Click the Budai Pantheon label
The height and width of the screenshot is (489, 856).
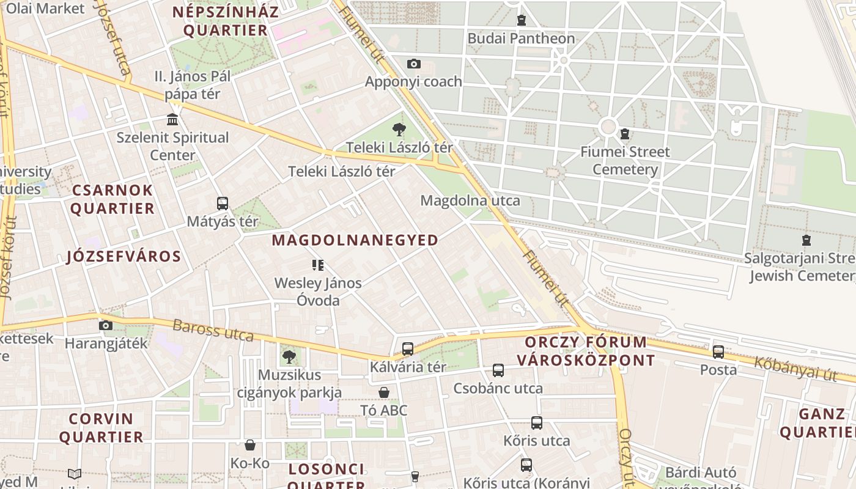521,39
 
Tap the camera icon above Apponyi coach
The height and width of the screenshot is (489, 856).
414,64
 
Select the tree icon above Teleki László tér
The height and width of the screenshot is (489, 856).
399,130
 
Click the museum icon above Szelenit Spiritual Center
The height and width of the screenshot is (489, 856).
172,119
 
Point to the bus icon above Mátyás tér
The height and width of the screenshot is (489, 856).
223,204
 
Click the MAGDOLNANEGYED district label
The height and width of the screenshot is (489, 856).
355,240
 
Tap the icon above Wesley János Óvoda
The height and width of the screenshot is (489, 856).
317,265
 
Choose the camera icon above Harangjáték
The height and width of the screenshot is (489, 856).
106,325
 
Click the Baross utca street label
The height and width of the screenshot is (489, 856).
213,330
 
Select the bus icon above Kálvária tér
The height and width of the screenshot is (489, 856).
408,349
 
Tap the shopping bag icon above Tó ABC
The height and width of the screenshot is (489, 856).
384,392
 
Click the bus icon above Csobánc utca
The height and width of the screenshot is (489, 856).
498,370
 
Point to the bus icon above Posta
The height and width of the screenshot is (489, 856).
718,352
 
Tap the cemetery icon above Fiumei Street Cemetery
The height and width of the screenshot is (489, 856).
625,133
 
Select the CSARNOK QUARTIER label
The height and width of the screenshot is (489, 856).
113,199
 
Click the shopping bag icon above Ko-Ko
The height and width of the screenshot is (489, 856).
249,445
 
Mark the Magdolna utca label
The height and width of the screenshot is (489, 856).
470,200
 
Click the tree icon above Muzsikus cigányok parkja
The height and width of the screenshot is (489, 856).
289,356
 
